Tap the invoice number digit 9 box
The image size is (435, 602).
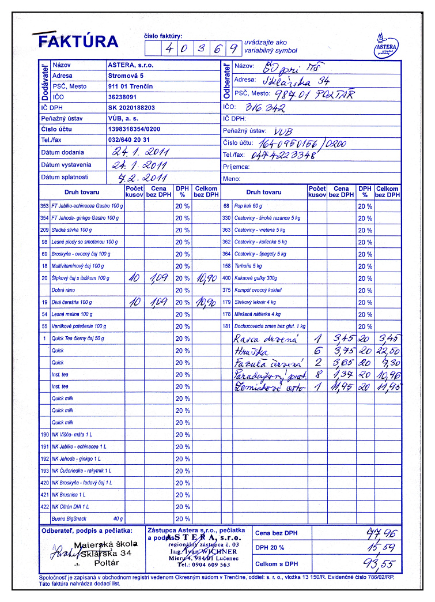pos(233,49)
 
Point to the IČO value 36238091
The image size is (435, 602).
pos(126,97)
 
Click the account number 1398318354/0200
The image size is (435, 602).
pos(134,129)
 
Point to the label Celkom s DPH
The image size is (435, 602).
pos(277,564)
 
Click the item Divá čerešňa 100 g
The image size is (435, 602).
pos(72,302)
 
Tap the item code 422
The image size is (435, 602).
pos(44,506)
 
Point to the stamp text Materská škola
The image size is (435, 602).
pos(107,544)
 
